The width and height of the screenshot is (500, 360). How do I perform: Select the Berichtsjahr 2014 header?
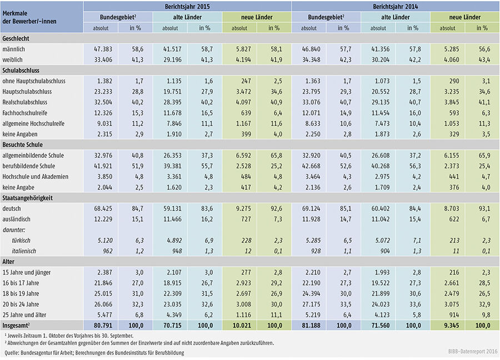tap(395, 7)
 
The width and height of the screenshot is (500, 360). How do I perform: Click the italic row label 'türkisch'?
tap(23, 241)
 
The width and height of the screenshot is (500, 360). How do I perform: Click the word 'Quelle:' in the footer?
tap(12, 352)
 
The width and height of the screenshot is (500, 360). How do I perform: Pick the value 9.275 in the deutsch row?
tap(240, 208)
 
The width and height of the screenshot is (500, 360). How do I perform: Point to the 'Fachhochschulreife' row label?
tap(28, 113)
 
